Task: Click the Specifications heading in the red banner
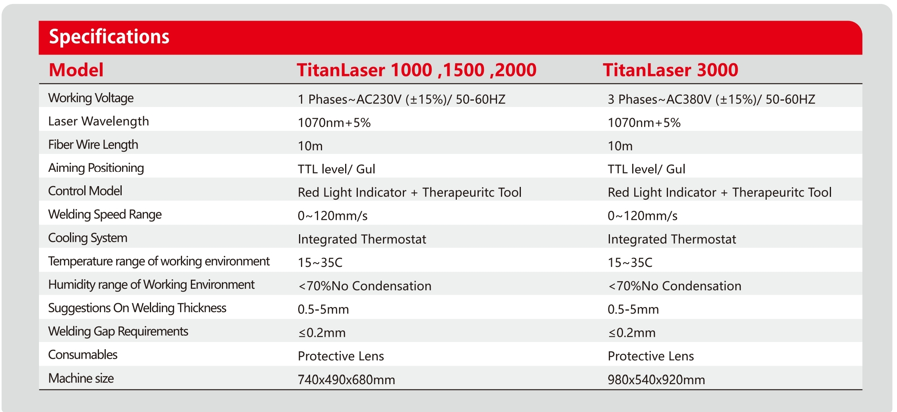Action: tap(109, 37)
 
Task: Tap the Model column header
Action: tap(76, 70)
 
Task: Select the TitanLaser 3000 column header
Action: tap(670, 70)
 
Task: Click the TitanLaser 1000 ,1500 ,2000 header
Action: tap(417, 70)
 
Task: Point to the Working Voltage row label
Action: tap(91, 98)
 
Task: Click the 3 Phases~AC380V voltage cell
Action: tap(711, 99)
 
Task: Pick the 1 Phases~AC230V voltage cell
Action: tap(402, 99)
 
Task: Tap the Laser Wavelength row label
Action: tap(99, 121)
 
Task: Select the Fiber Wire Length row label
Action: tap(93, 145)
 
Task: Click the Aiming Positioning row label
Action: tap(96, 168)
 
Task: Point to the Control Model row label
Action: tap(85, 191)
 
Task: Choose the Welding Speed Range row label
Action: tap(105, 215)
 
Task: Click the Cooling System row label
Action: tap(88, 238)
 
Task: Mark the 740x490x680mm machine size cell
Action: tap(346, 380)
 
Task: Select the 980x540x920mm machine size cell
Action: tap(656, 380)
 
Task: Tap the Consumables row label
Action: tap(83, 355)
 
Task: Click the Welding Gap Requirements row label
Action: tap(118, 332)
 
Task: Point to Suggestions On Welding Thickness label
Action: tap(137, 308)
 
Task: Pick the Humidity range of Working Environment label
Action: tap(151, 285)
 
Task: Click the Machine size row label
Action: tap(81, 378)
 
